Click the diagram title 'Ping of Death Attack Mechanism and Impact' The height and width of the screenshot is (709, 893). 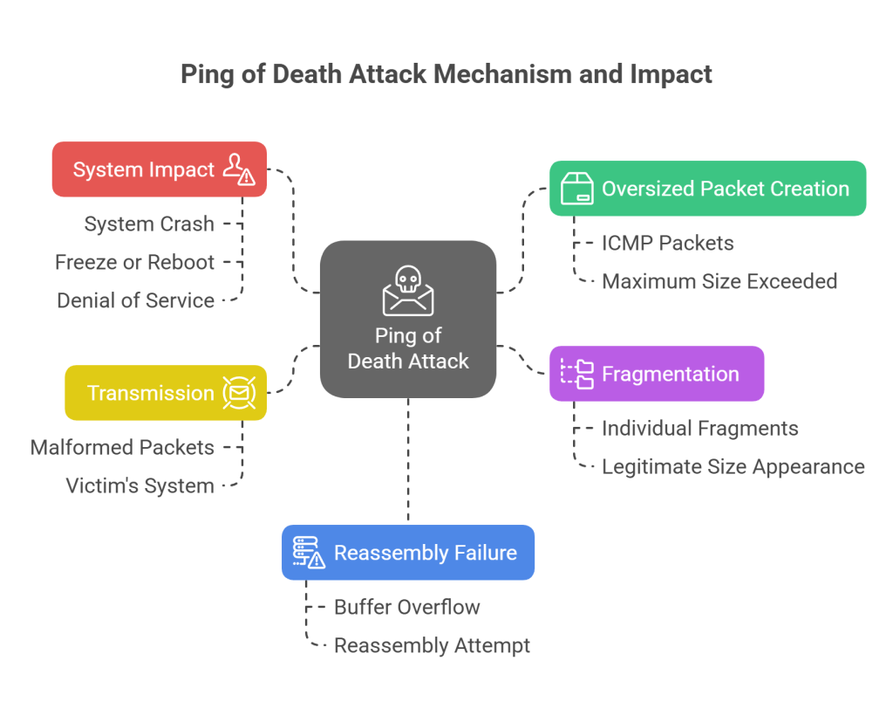pyautogui.click(x=446, y=74)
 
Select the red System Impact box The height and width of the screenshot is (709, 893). pyautogui.click(x=160, y=169)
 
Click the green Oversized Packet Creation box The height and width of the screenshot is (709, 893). pyautogui.click(x=707, y=189)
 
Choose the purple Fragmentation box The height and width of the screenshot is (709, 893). pyautogui.click(x=657, y=374)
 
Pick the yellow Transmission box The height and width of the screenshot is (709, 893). pyautogui.click(x=166, y=393)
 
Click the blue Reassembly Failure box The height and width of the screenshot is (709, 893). pyautogui.click(x=407, y=553)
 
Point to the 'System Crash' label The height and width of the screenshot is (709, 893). pyautogui.click(x=149, y=224)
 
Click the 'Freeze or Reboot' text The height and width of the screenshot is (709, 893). pyautogui.click(x=134, y=262)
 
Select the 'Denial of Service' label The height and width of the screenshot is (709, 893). pyautogui.click(x=135, y=300)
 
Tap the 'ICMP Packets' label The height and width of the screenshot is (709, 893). pyautogui.click(x=667, y=243)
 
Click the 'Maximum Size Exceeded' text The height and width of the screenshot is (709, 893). pyautogui.click(x=719, y=281)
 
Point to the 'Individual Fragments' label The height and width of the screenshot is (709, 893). pyautogui.click(x=699, y=428)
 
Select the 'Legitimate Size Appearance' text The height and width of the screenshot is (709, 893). pyautogui.click(x=733, y=466)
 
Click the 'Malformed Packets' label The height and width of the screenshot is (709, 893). pyautogui.click(x=122, y=447)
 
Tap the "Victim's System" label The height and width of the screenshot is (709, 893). pyautogui.click(x=140, y=485)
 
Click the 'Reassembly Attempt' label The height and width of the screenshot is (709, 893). pyautogui.click(x=432, y=645)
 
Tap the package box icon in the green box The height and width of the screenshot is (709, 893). pyautogui.click(x=576, y=189)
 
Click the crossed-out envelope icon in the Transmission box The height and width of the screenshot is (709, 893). pyautogui.click(x=238, y=393)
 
